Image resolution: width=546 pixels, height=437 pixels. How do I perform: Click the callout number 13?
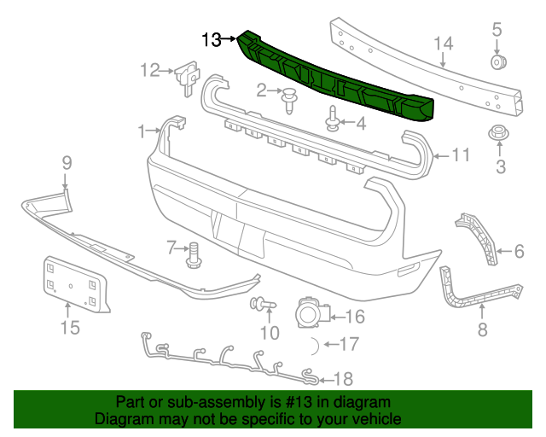(x=212, y=39)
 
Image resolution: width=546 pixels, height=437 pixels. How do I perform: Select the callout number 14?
(x=443, y=44)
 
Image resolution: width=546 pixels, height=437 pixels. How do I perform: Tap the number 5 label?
(x=497, y=31)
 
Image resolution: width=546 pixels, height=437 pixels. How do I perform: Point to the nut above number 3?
(x=497, y=134)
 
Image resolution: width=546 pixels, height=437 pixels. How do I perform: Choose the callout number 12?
(x=150, y=70)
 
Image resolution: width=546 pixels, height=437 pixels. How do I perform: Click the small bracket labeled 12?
(x=187, y=73)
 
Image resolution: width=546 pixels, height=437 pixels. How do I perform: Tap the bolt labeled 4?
(x=332, y=119)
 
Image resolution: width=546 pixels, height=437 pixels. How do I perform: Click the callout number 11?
(x=461, y=154)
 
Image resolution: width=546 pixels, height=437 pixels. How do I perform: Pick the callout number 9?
(x=66, y=162)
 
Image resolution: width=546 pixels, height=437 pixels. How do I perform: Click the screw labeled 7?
(x=194, y=253)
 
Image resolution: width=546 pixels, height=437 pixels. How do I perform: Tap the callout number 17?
(x=349, y=345)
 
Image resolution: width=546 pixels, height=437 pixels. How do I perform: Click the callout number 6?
(x=517, y=250)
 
